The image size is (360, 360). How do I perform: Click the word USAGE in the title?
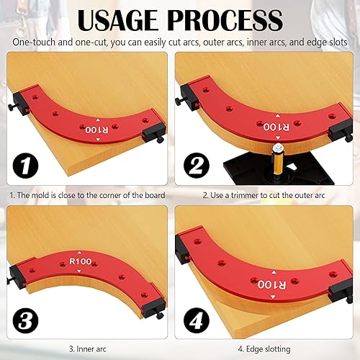click(117, 20)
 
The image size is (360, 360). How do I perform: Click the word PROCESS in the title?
click(225, 20)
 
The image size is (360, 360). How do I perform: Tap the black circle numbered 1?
click(25, 166)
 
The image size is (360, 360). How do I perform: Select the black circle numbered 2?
click(197, 166)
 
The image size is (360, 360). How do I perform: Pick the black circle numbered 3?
click(25, 320)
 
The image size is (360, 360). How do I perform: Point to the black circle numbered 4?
click(197, 320)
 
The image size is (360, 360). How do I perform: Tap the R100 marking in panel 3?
click(81, 261)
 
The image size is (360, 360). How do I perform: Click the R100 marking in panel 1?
click(96, 130)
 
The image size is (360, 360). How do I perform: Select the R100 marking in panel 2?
click(276, 127)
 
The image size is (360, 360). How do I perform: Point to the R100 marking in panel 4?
click(272, 284)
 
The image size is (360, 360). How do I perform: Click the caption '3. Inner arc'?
click(88, 348)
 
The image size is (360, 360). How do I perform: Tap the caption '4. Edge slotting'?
click(264, 349)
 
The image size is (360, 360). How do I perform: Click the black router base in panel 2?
click(279, 168)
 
